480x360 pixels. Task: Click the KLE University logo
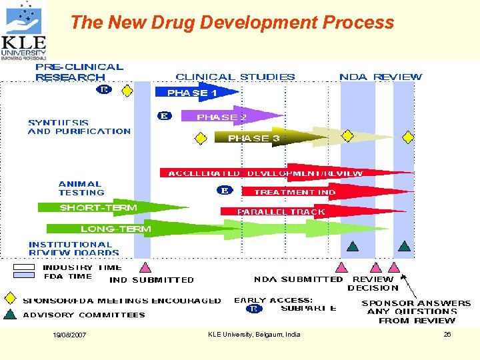click(24, 30)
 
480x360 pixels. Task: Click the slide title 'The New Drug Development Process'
click(231, 23)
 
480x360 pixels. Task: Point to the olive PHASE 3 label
click(253, 138)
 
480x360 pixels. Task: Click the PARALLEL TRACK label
click(281, 211)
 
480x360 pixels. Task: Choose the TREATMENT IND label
click(294, 192)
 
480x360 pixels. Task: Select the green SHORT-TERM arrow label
click(98, 207)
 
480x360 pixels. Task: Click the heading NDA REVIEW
click(381, 77)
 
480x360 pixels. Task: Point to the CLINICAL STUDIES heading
click(235, 77)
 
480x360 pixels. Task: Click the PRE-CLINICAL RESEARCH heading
click(79, 72)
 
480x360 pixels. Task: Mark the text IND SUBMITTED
click(151, 280)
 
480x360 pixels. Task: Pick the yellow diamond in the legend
click(10, 298)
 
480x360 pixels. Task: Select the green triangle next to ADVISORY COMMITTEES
click(10, 314)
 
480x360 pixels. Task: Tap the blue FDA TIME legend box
click(23, 275)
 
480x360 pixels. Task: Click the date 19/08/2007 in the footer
click(69, 335)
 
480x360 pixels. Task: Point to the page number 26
click(447, 334)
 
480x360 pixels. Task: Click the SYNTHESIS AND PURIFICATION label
click(79, 127)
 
